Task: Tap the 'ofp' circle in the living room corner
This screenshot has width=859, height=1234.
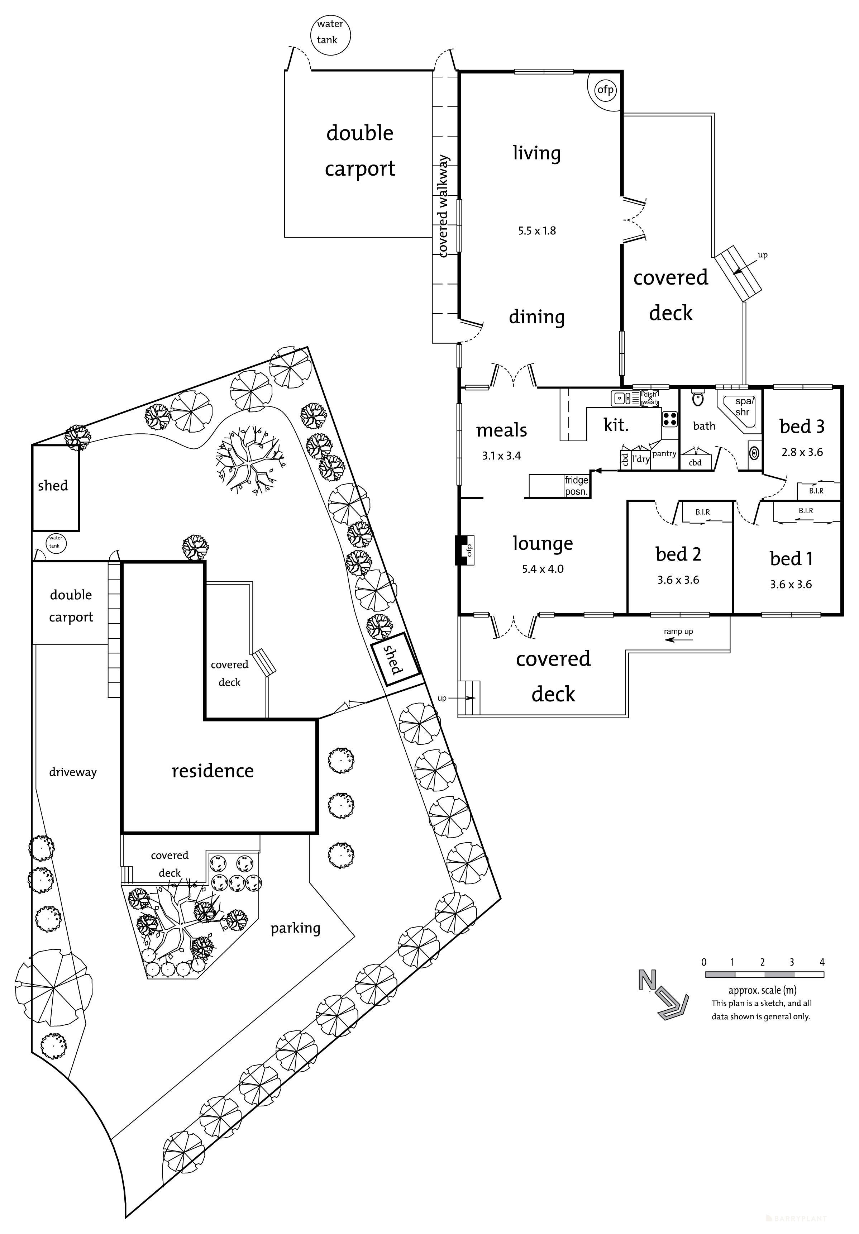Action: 605,90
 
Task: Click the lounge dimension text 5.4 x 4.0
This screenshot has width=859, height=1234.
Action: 543,569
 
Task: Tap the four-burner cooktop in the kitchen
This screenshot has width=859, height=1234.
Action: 670,418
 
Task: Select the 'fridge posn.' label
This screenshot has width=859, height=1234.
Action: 576,485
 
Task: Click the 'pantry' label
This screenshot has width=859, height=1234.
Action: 664,454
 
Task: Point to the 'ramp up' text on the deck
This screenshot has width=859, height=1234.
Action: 678,632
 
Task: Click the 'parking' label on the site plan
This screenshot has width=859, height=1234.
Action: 295,928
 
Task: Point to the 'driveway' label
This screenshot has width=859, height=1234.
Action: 72,772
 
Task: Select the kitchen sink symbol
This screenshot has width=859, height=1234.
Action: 622,398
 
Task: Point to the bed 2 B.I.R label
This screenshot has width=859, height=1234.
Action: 702,512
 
